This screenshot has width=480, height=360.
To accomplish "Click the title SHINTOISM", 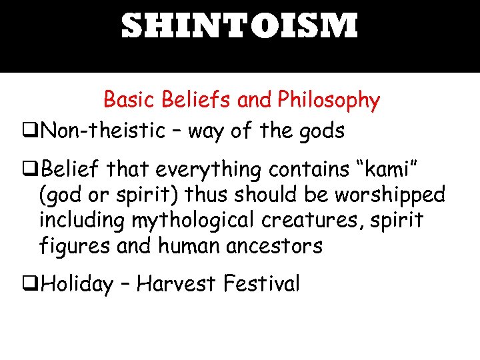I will tap(239, 27).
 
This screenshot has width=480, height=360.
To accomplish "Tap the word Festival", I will tap(261, 285).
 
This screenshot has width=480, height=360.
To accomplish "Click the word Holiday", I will tap(77, 285).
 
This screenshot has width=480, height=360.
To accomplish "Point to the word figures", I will tap(74, 246).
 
